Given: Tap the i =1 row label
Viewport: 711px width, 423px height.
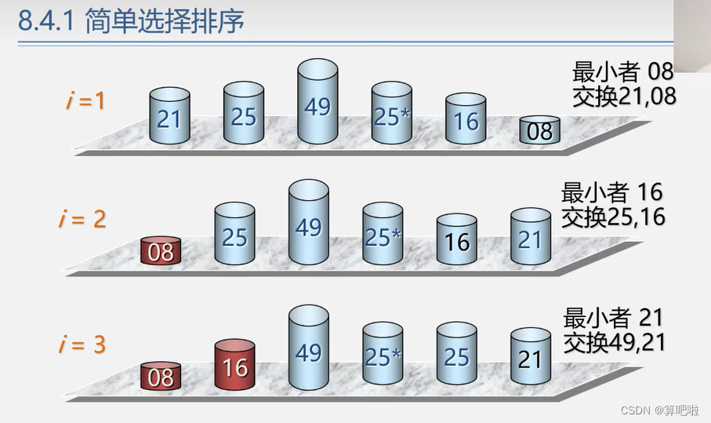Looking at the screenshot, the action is (x=84, y=101).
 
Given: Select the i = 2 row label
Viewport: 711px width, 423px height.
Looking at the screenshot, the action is (x=82, y=219).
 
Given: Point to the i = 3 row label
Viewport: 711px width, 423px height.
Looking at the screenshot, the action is (x=82, y=344).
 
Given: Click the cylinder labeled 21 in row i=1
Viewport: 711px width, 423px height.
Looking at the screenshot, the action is (x=169, y=117).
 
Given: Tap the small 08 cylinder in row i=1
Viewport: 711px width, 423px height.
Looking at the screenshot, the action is (x=539, y=130).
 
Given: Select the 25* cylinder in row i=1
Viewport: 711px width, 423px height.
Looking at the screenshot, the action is (x=391, y=115).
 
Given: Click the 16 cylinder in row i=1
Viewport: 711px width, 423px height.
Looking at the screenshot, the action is (x=466, y=120).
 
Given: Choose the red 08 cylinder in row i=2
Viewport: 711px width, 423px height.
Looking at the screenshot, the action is (x=161, y=251).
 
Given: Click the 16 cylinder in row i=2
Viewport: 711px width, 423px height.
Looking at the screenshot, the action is (x=456, y=240).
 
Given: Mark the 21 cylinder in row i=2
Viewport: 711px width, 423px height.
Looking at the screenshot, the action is (x=530, y=237).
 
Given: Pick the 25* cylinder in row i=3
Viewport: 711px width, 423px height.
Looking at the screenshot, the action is (x=383, y=356).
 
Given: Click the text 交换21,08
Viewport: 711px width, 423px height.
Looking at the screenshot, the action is (x=624, y=96).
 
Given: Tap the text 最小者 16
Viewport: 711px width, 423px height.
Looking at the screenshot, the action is (x=611, y=192).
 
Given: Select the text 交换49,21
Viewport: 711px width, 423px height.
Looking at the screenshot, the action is (x=614, y=342).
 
